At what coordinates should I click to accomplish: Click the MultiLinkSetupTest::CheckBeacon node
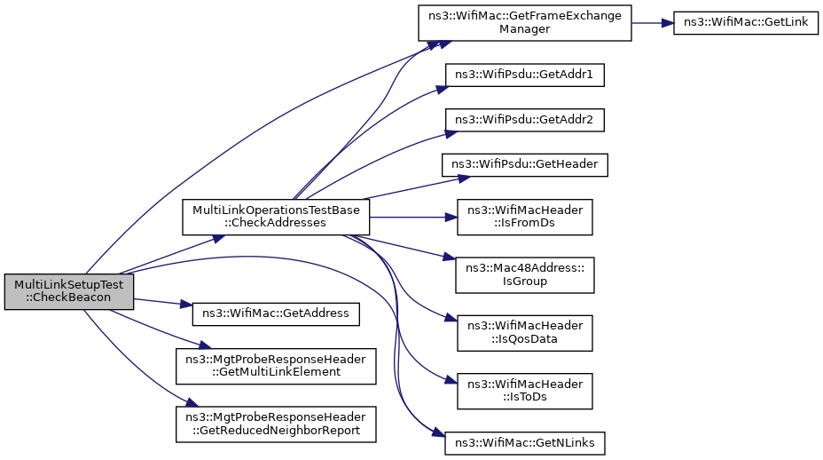tap(69, 291)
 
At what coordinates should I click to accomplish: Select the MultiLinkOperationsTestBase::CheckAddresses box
tap(276, 217)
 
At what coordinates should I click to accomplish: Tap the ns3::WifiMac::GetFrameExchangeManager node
tap(524, 22)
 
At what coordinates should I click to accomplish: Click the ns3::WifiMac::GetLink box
tap(745, 23)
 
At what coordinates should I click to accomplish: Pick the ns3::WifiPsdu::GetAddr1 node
tap(524, 75)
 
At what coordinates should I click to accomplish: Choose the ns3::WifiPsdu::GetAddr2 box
tap(524, 120)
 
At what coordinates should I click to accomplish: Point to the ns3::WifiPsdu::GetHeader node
tap(524, 164)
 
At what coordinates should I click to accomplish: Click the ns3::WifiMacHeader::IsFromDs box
tap(524, 217)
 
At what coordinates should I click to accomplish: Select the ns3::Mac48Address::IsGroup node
tap(524, 275)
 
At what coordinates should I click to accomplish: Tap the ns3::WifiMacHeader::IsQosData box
tap(524, 333)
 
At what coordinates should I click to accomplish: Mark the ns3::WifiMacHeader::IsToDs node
tap(524, 391)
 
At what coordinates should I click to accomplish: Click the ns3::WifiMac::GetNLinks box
tap(524, 443)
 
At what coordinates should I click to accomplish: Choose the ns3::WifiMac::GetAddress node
tap(276, 313)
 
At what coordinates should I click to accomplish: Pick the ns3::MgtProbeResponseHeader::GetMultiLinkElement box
tap(276, 366)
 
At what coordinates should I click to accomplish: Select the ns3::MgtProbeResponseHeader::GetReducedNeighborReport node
tap(276, 424)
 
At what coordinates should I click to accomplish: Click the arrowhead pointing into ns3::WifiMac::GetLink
tap(667, 23)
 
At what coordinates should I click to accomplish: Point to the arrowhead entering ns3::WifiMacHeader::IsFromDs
tap(451, 217)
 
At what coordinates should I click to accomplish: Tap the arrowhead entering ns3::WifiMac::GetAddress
tap(186, 305)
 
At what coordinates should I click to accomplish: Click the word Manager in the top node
tap(524, 29)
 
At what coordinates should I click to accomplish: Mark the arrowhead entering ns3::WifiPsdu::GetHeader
tap(464, 178)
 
